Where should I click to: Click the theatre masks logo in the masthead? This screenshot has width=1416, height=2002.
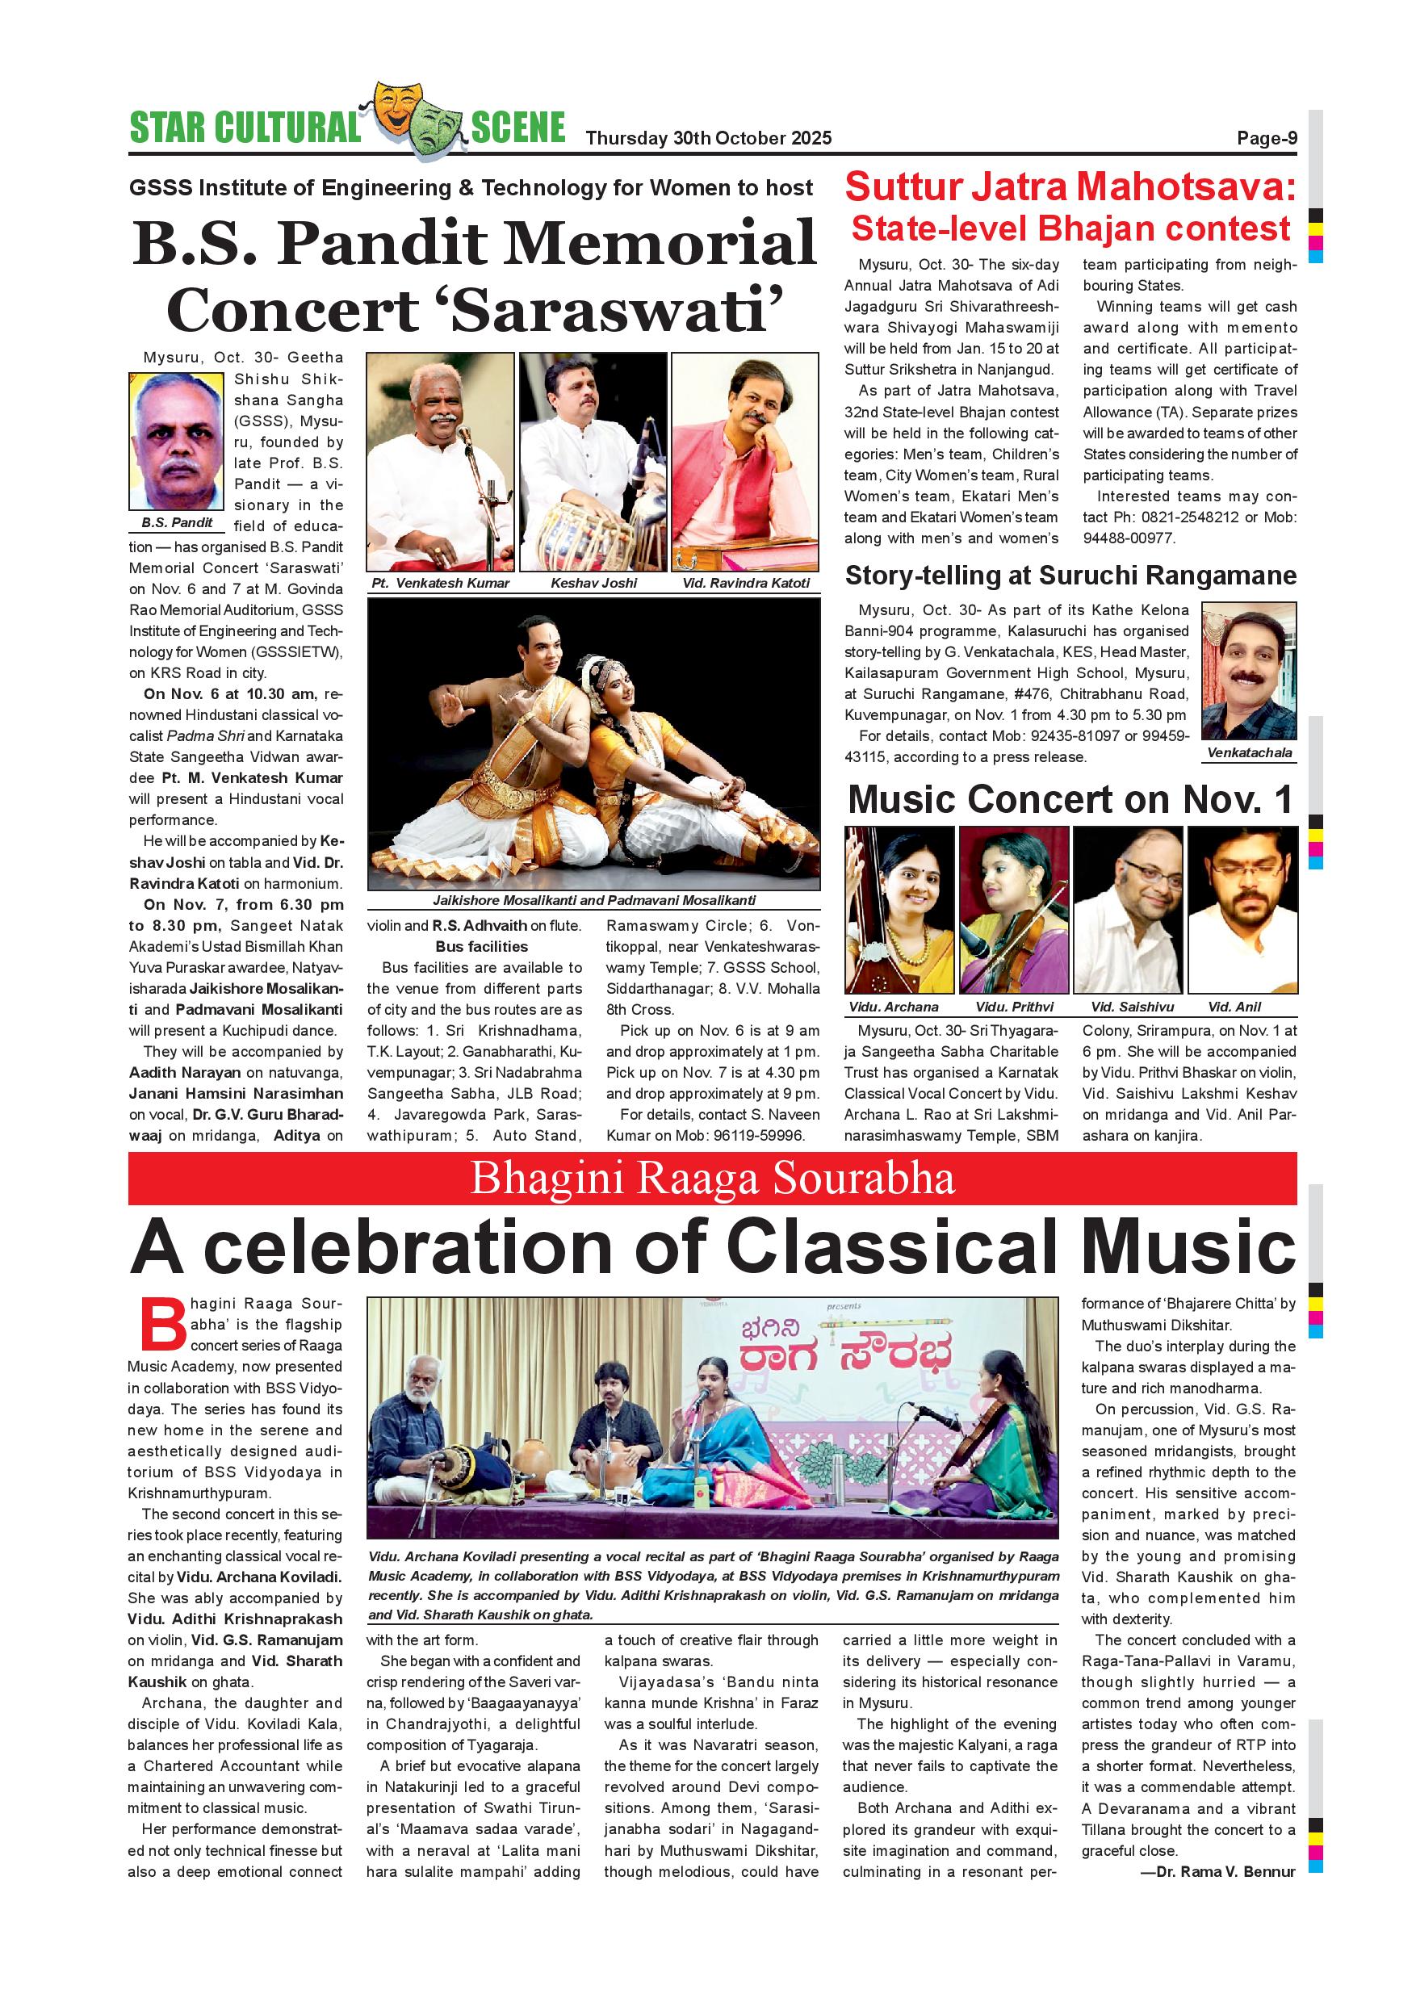415,120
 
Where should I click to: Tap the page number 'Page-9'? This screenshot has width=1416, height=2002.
1266,138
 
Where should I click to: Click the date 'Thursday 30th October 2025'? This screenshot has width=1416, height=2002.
708,138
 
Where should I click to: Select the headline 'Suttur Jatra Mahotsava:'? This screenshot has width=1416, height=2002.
1070,187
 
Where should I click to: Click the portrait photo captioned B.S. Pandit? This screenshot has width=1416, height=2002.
176,442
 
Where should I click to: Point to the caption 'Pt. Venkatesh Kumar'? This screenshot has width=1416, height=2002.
440,583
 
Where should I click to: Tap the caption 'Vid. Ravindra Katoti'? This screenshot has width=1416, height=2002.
745,583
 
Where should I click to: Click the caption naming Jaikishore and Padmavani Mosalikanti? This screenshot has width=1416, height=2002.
594,900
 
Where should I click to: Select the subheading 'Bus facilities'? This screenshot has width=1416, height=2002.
481,946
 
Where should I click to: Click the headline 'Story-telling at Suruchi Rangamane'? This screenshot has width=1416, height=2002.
1070,576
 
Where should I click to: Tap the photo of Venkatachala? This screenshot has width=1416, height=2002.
1249,671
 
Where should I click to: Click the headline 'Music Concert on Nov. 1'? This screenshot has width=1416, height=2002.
1070,798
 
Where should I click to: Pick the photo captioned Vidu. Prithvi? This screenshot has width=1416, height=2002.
1013,910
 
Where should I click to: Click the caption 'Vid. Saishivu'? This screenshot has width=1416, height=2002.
1132,1006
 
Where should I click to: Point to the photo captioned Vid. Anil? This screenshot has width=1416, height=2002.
1242,910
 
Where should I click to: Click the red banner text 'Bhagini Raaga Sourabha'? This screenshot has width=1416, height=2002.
712,1179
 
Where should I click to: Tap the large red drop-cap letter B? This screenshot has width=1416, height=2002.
162,1326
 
